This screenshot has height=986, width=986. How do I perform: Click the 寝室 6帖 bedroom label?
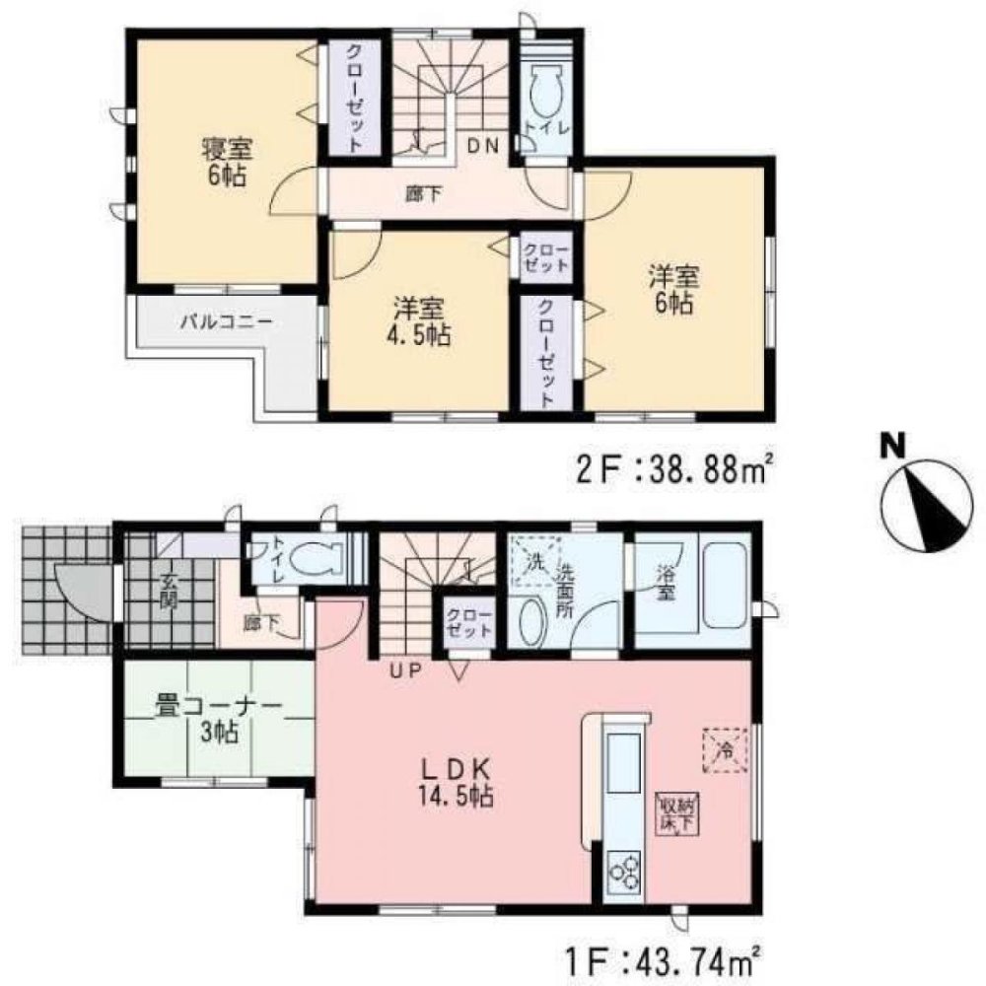point(227,164)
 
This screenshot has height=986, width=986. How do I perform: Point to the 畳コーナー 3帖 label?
point(219,719)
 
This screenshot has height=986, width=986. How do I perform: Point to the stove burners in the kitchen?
point(624,872)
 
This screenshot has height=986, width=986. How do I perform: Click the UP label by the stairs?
point(404,671)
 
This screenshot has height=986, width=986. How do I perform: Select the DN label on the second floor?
point(483,147)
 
